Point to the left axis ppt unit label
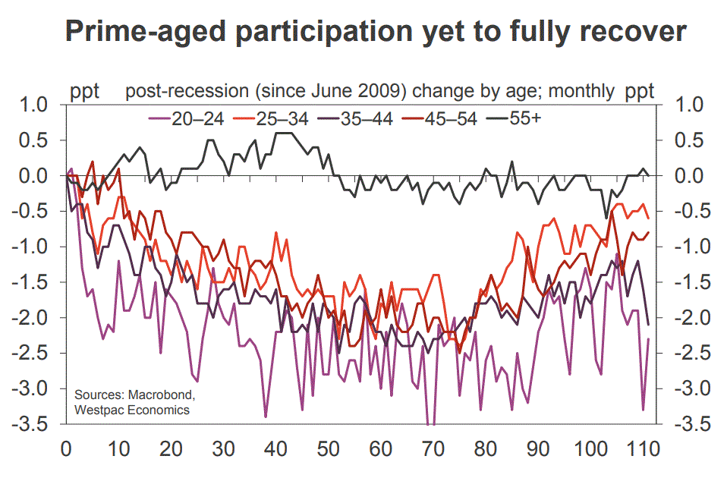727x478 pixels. (x=86, y=93)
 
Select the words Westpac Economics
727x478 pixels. (x=131, y=410)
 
